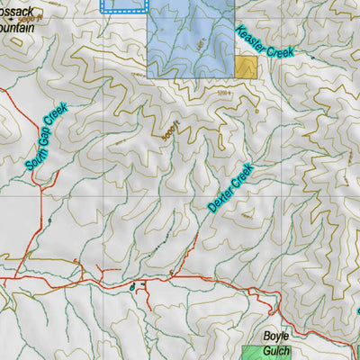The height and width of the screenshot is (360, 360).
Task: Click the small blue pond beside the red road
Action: coord(132,287)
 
